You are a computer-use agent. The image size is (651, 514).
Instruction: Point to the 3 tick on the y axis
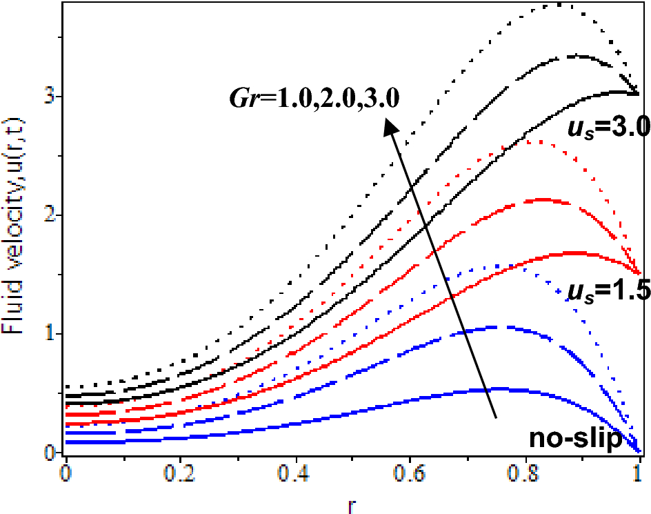49,97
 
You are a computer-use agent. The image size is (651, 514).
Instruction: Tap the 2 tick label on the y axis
49,215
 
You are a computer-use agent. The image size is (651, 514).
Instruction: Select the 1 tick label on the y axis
49,334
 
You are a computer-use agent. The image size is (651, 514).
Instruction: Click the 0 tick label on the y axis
49,453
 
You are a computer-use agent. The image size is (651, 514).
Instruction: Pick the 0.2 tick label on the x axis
180,476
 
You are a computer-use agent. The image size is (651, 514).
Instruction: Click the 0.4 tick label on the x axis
295,476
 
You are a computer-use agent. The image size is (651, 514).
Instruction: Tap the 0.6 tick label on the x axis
410,476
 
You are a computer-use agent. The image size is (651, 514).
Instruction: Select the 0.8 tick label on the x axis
525,476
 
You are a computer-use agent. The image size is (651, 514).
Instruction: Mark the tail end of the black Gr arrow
496,417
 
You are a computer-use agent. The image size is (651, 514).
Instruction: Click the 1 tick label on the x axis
639,476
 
